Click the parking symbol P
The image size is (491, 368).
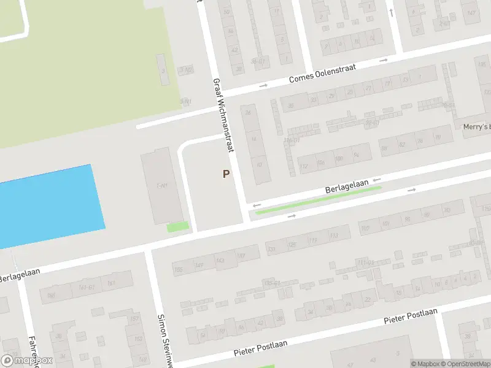pos(226,174)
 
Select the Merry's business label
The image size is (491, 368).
pos(477,127)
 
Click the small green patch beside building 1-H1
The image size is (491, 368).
pos(178,227)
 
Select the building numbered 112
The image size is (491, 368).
pos(304,166)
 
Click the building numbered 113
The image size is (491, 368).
pos(334,236)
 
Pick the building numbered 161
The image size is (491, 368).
pos(111,283)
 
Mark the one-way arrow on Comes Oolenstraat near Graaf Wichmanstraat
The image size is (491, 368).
pos(263,85)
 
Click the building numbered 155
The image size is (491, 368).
pos(179,269)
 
